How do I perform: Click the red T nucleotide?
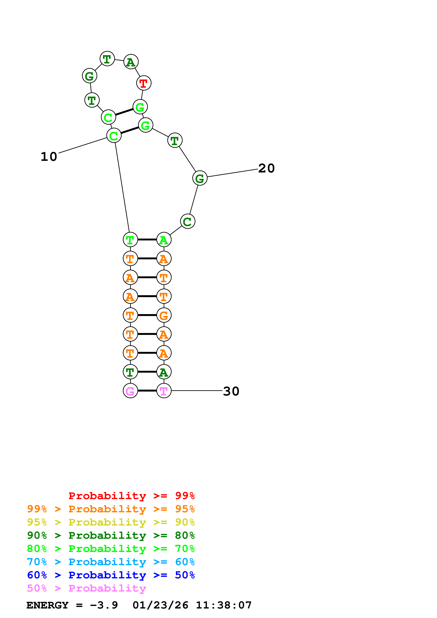[x=143, y=83]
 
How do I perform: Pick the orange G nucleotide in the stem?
[x=164, y=315]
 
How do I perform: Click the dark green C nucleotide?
[x=187, y=221]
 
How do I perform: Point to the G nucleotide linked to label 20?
[x=200, y=178]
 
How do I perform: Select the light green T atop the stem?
[x=130, y=240]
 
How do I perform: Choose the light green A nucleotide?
[x=164, y=240]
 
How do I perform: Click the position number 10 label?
[x=49, y=157]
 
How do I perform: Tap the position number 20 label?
[x=266, y=168]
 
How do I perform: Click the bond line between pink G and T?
[x=147, y=391]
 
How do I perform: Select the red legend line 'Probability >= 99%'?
[x=131, y=496]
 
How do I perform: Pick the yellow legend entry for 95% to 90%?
[x=111, y=522]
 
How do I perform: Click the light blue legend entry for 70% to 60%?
[x=111, y=562]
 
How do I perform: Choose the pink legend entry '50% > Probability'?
[x=86, y=588]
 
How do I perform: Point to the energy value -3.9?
[x=104, y=605]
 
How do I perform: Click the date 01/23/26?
[x=160, y=605]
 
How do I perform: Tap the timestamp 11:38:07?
[x=224, y=605]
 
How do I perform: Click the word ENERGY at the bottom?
[x=47, y=605]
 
